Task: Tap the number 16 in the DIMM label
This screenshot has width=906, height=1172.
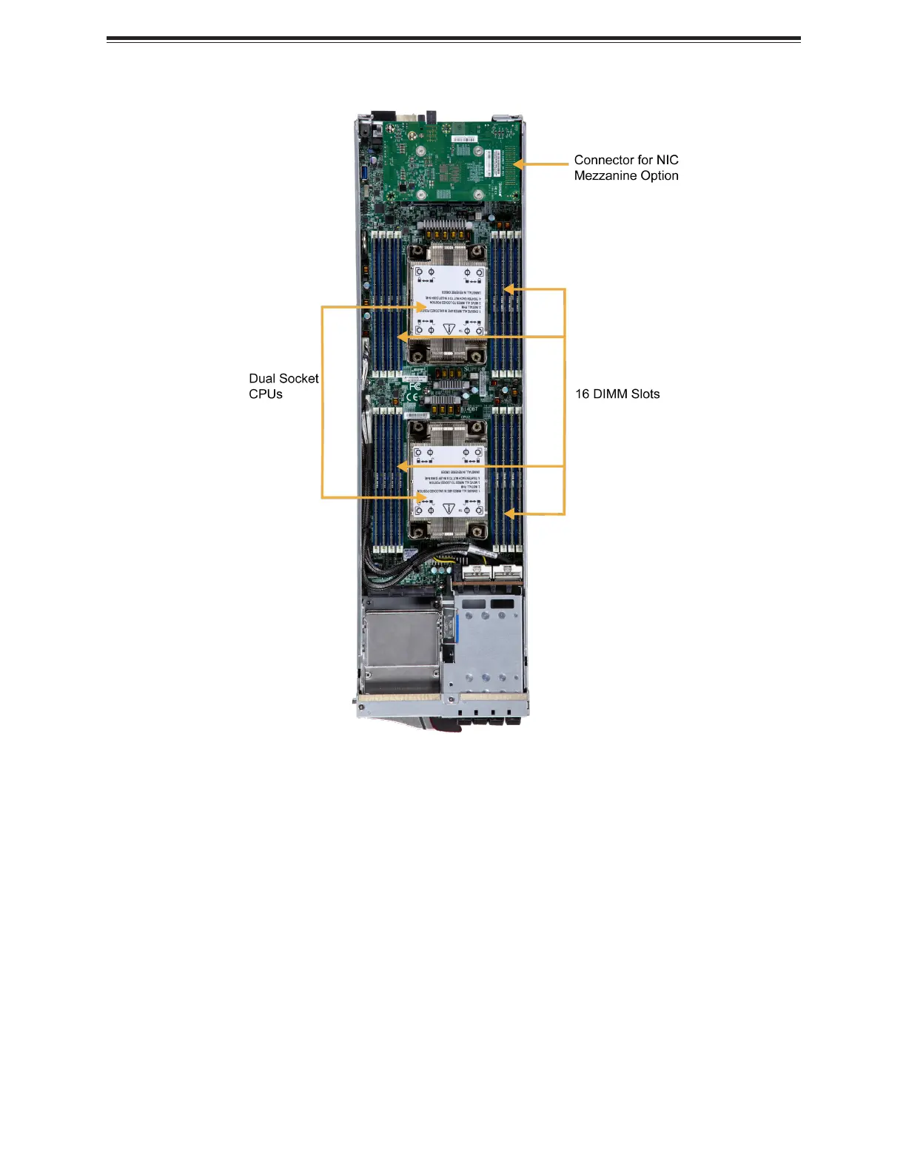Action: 583,394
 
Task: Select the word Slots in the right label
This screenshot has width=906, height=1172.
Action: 645,394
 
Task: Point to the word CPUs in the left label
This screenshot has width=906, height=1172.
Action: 266,394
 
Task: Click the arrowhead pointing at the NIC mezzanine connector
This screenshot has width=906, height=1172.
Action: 519,164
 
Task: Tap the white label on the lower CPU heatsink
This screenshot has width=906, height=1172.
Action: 449,480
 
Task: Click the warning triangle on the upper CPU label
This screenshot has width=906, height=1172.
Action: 449,327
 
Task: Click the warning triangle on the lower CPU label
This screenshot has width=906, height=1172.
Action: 449,508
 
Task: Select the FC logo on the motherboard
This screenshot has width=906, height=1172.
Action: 415,385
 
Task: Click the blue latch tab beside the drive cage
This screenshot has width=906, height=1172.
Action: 454,630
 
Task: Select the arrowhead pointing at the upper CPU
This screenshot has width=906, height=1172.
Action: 422,306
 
